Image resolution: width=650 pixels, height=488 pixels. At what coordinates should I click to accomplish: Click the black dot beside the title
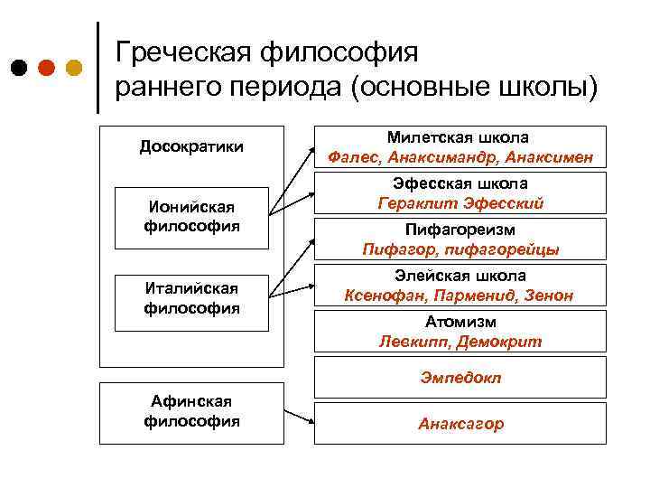[19, 68]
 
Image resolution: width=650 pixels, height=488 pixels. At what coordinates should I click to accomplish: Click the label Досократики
[191, 146]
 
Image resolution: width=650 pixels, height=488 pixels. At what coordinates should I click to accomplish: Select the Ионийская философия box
[191, 217]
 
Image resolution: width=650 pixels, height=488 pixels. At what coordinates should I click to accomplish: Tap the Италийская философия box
[191, 297]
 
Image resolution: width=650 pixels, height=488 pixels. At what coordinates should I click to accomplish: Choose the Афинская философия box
[191, 412]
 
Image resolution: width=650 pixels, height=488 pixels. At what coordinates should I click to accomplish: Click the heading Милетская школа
[459, 137]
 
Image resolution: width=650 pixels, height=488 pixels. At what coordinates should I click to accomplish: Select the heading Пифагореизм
[460, 230]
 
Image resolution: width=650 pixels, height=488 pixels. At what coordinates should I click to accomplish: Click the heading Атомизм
[460, 322]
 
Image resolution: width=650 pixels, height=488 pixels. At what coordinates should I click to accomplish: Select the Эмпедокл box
[460, 378]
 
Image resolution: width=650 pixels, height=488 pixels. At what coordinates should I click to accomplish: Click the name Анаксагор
[460, 424]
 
